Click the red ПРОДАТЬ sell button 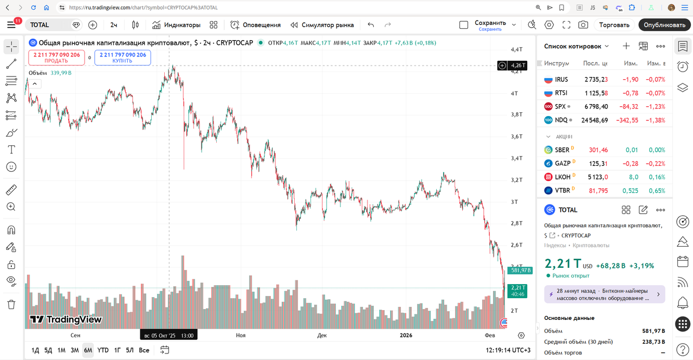pyautogui.click(x=56, y=57)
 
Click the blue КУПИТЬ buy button pyautogui.click(x=122, y=57)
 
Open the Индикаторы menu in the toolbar pyautogui.click(x=176, y=25)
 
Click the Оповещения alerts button pyautogui.click(x=255, y=25)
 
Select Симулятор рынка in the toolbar pyautogui.click(x=322, y=25)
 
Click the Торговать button pyautogui.click(x=614, y=25)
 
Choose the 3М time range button pyautogui.click(x=75, y=350)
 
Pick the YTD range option pyautogui.click(x=103, y=350)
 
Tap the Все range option pyautogui.click(x=144, y=350)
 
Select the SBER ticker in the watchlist pyautogui.click(x=562, y=150)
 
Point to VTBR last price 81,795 pyautogui.click(x=598, y=191)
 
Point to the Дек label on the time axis pyautogui.click(x=322, y=336)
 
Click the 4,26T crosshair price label pyautogui.click(x=518, y=66)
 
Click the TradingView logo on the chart pyautogui.click(x=66, y=319)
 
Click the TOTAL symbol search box pyautogui.click(x=49, y=25)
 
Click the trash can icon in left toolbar pyautogui.click(x=11, y=304)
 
